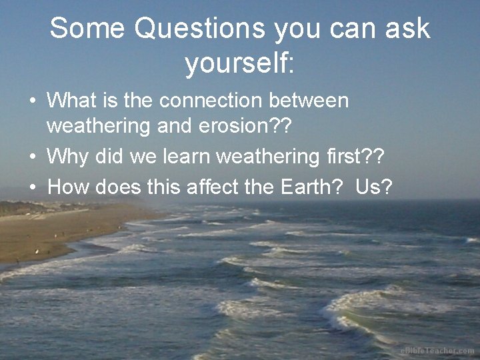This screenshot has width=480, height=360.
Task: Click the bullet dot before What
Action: (x=32, y=102)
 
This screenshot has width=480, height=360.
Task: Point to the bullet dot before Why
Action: (x=32, y=158)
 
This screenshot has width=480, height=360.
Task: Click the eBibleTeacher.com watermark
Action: (x=437, y=351)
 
